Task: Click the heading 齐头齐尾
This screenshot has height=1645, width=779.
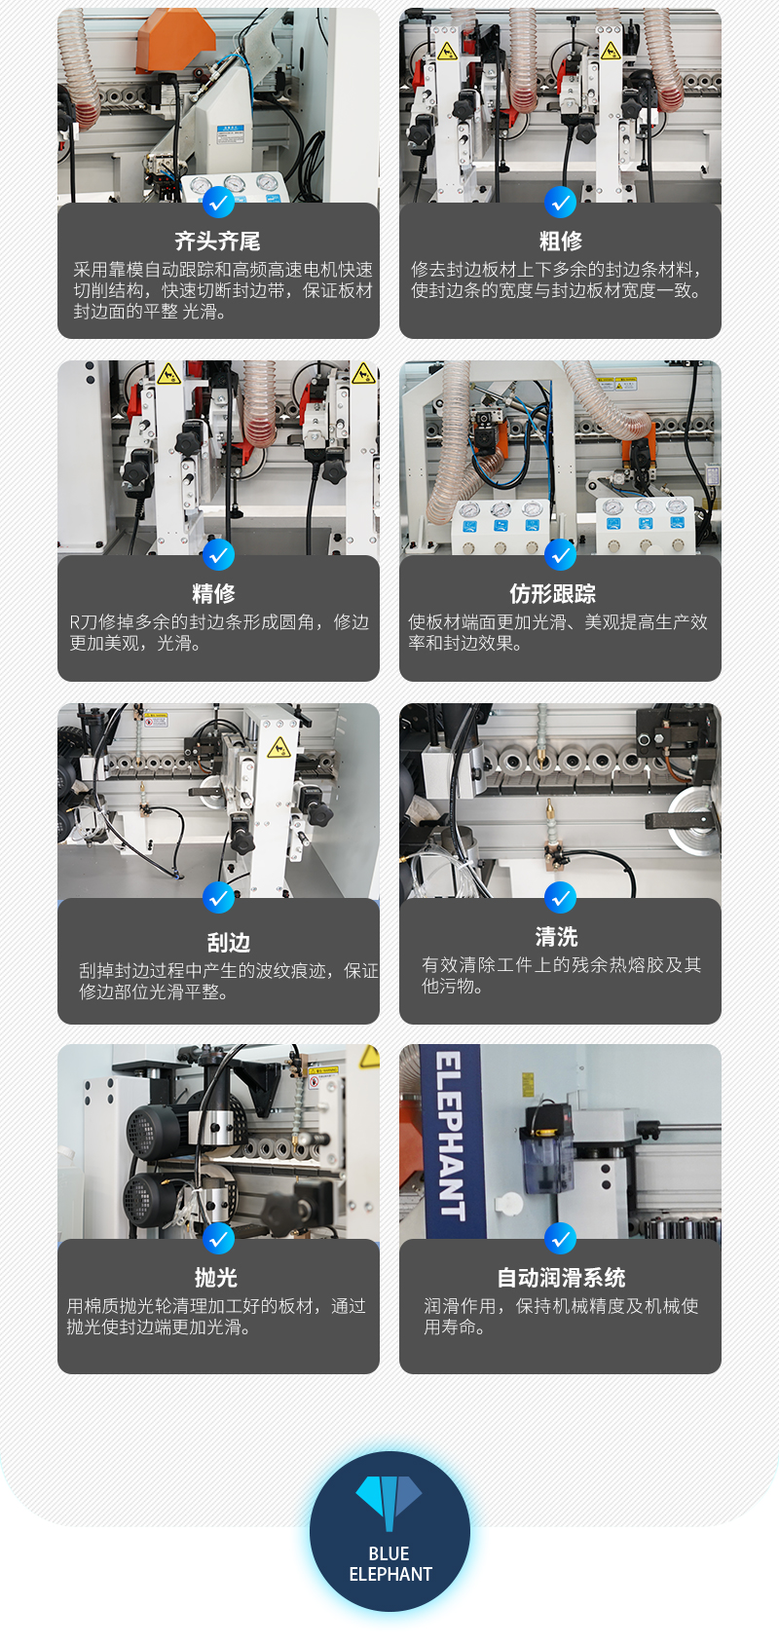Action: pyautogui.click(x=217, y=241)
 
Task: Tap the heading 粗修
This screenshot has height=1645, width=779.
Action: pyautogui.click(x=560, y=241)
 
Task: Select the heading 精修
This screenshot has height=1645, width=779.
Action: pyautogui.click(x=213, y=592)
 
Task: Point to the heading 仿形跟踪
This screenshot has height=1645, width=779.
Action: pyautogui.click(x=553, y=592)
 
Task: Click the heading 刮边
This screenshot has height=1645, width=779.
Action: pyautogui.click(x=228, y=942)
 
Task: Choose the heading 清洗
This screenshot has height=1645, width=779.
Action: pyautogui.click(x=557, y=936)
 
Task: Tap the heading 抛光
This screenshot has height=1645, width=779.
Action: pyautogui.click(x=216, y=1277)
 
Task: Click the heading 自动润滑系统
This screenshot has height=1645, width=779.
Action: pyautogui.click(x=561, y=1277)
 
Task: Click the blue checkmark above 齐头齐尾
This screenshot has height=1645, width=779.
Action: pyautogui.click(x=218, y=202)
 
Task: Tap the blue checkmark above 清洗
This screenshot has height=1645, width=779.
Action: pyautogui.click(x=560, y=897)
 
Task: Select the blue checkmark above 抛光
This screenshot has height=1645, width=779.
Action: pyautogui.click(x=218, y=1239)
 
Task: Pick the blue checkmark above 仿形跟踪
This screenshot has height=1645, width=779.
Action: pyautogui.click(x=560, y=554)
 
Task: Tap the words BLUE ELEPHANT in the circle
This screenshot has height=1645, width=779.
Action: pyautogui.click(x=389, y=1563)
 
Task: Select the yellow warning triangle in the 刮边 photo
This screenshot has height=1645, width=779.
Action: pyautogui.click(x=279, y=748)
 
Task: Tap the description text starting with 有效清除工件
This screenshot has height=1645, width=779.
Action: pyautogui.click(x=561, y=975)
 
